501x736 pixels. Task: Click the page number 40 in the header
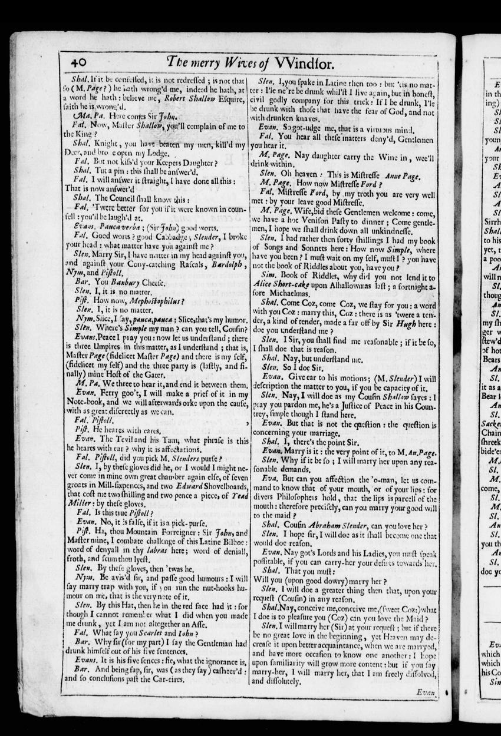pyautogui.click(x=75, y=61)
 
